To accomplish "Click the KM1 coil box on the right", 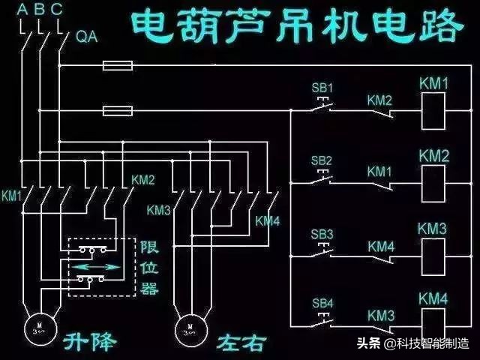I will [x=434, y=111].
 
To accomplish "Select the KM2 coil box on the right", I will [x=434, y=183].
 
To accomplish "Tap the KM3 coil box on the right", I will [x=434, y=257].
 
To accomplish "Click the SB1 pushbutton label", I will [x=322, y=87].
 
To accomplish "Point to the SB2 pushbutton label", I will [x=322, y=160].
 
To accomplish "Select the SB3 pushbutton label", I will [x=322, y=233].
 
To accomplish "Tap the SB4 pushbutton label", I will [x=322, y=304].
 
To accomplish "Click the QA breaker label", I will [x=87, y=36].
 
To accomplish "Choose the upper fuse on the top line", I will [x=118, y=67].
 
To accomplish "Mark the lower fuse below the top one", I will [x=118, y=112].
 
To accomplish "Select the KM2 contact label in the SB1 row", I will [x=379, y=100].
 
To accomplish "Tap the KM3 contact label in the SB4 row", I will [x=379, y=316].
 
